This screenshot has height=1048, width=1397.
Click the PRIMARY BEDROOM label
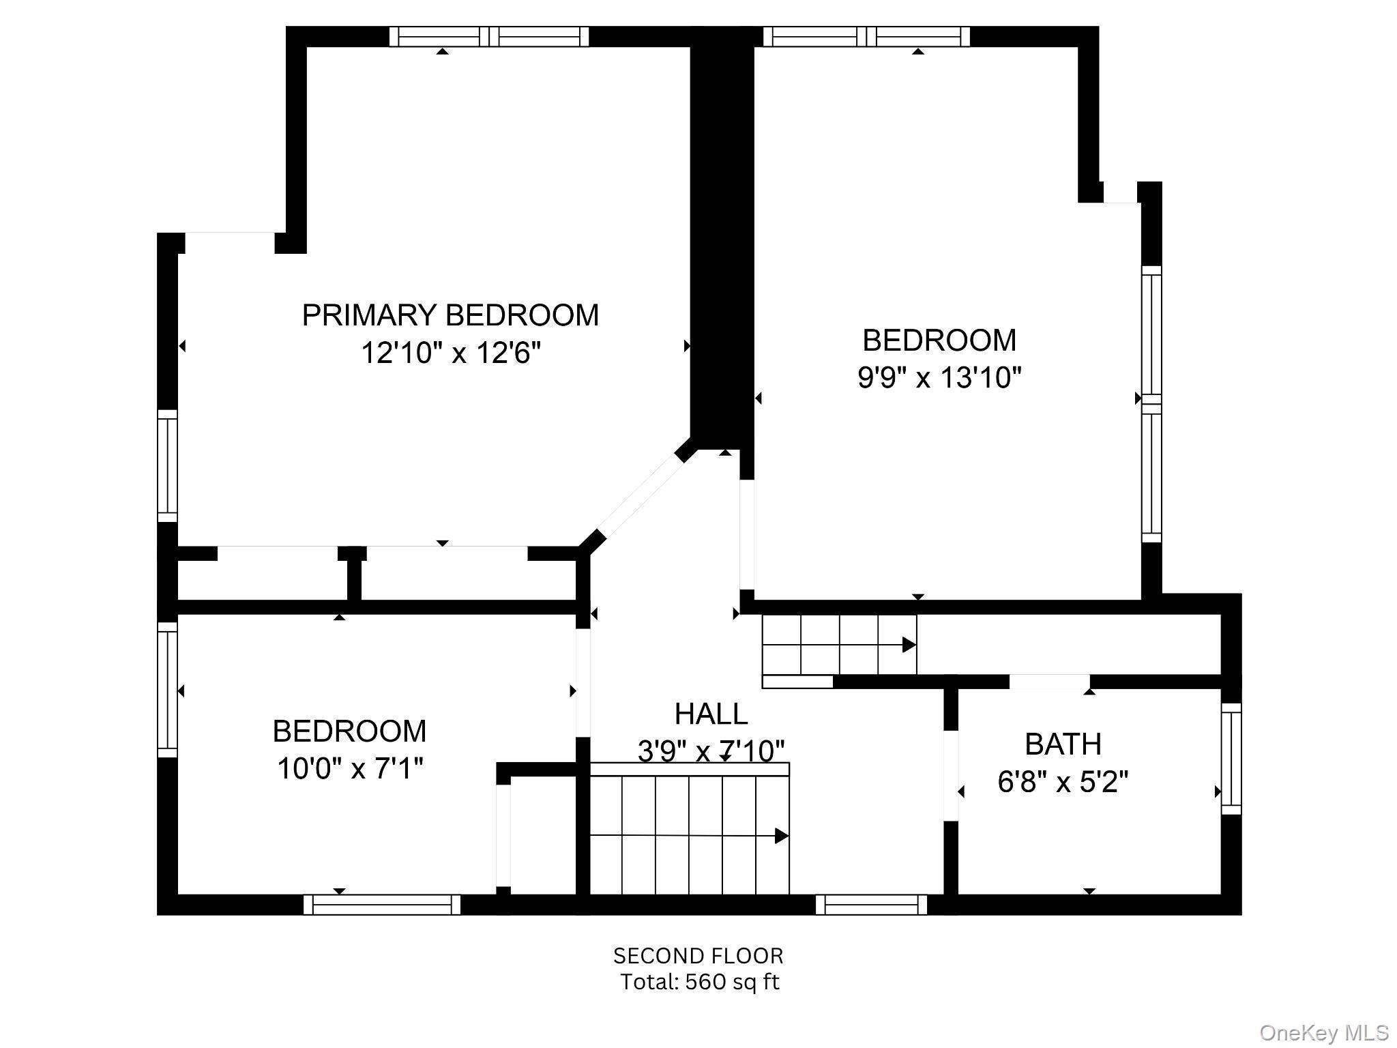click(450, 315)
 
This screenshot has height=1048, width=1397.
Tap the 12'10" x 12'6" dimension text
click(450, 353)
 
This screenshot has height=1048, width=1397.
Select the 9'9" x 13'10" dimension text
click(939, 377)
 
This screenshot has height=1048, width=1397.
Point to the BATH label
click(1063, 744)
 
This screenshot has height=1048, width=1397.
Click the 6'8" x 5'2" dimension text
click(1063, 782)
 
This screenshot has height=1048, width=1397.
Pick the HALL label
click(711, 714)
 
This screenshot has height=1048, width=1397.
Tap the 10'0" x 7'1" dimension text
click(350, 769)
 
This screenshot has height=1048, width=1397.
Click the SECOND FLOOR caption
click(698, 956)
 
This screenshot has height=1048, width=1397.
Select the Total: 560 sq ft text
click(699, 982)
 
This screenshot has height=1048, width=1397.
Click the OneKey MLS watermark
click(1324, 1033)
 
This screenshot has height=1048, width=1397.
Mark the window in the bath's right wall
click(1231, 758)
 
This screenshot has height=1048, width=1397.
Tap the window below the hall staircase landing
click(872, 905)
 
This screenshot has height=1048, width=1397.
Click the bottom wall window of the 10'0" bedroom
click(382, 905)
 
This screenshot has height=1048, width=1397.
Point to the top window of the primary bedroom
click(489, 36)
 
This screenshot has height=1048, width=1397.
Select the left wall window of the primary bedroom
click(168, 466)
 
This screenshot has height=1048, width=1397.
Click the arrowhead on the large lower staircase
click(782, 836)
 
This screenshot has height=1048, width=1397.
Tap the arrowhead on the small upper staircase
click(909, 644)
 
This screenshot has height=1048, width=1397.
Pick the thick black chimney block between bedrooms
click(722, 239)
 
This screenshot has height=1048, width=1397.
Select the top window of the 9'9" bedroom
click(866, 36)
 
